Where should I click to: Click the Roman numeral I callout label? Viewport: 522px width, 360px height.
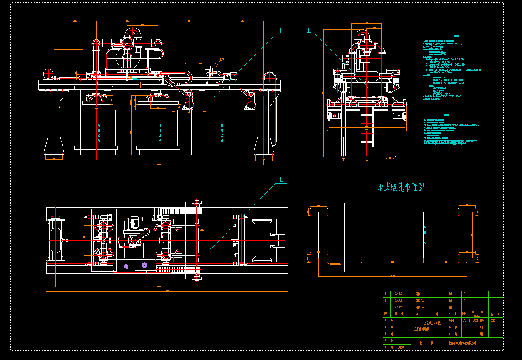(280, 31)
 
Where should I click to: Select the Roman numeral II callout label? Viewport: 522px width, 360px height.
(281, 180)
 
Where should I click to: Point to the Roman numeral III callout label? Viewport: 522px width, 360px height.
(309, 31)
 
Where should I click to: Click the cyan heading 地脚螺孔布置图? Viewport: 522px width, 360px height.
(401, 187)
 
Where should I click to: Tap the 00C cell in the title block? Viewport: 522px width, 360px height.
(399, 294)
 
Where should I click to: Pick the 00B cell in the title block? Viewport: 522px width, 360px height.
(399, 300)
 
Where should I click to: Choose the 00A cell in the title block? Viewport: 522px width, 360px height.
(399, 307)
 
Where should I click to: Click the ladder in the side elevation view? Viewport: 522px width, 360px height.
(367, 129)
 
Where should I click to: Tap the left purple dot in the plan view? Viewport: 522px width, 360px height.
(126, 266)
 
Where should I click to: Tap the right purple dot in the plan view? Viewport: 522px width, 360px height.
(145, 264)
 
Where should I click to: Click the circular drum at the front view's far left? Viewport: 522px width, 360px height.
(47, 73)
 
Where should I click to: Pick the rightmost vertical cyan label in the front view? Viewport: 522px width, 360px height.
(222, 131)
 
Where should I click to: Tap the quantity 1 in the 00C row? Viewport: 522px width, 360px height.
(464, 294)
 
